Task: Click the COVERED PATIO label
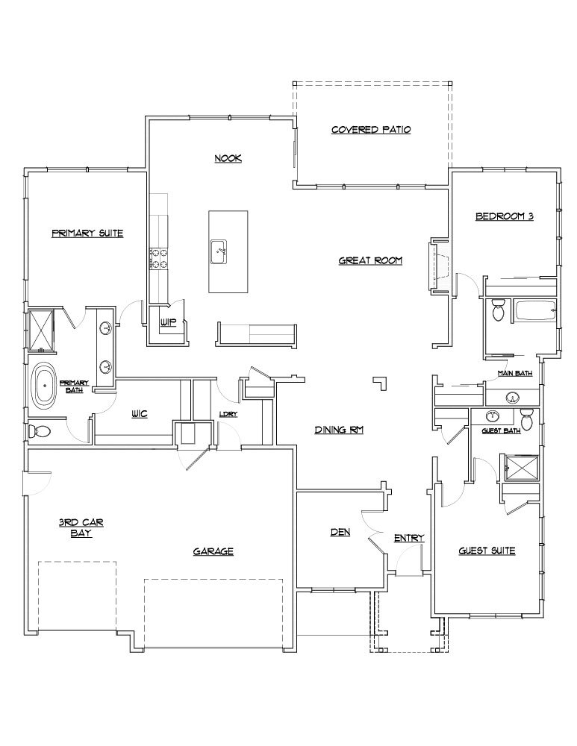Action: tap(371, 130)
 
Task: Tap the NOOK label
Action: tap(228, 158)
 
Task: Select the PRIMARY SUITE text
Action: tap(87, 233)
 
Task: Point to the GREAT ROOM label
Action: tap(370, 260)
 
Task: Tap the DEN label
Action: tap(340, 533)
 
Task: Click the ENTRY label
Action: tap(408, 538)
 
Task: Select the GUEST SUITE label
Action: tap(486, 551)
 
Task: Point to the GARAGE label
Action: tap(213, 551)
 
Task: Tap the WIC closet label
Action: tap(139, 413)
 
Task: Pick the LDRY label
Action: tap(228, 414)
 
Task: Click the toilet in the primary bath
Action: tap(40, 431)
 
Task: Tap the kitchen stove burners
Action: tap(159, 258)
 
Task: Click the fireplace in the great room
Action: tap(437, 265)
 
